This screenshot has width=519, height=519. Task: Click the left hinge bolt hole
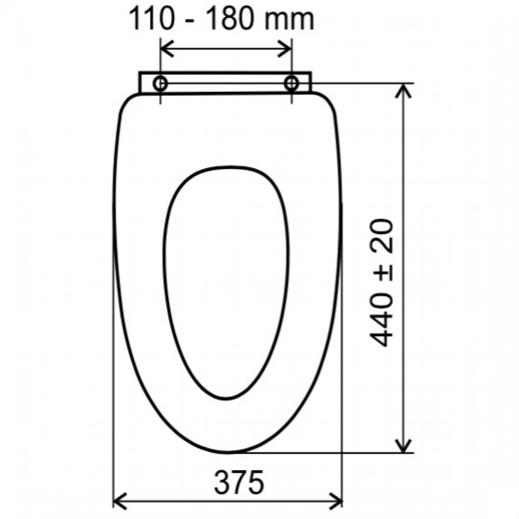click(160, 84)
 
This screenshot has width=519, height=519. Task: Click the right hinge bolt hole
click(291, 84)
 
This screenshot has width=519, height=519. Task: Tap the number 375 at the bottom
click(239, 482)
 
